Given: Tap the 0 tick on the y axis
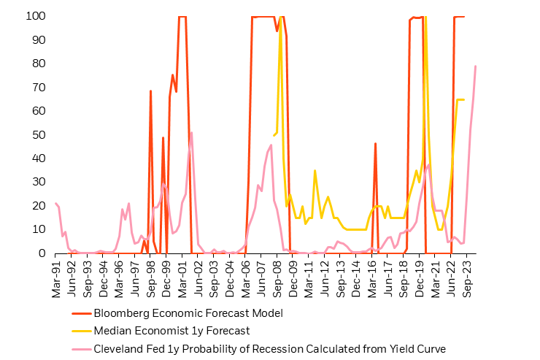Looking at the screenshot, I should pyautogui.click(x=44, y=253).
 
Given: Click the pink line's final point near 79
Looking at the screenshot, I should pyautogui.click(x=476, y=66).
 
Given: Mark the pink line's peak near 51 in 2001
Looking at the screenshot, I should pyautogui.click(x=191, y=132).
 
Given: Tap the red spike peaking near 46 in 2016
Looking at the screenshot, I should pyautogui.click(x=375, y=144).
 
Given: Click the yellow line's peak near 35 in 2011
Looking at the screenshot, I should pyautogui.click(x=315, y=170).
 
